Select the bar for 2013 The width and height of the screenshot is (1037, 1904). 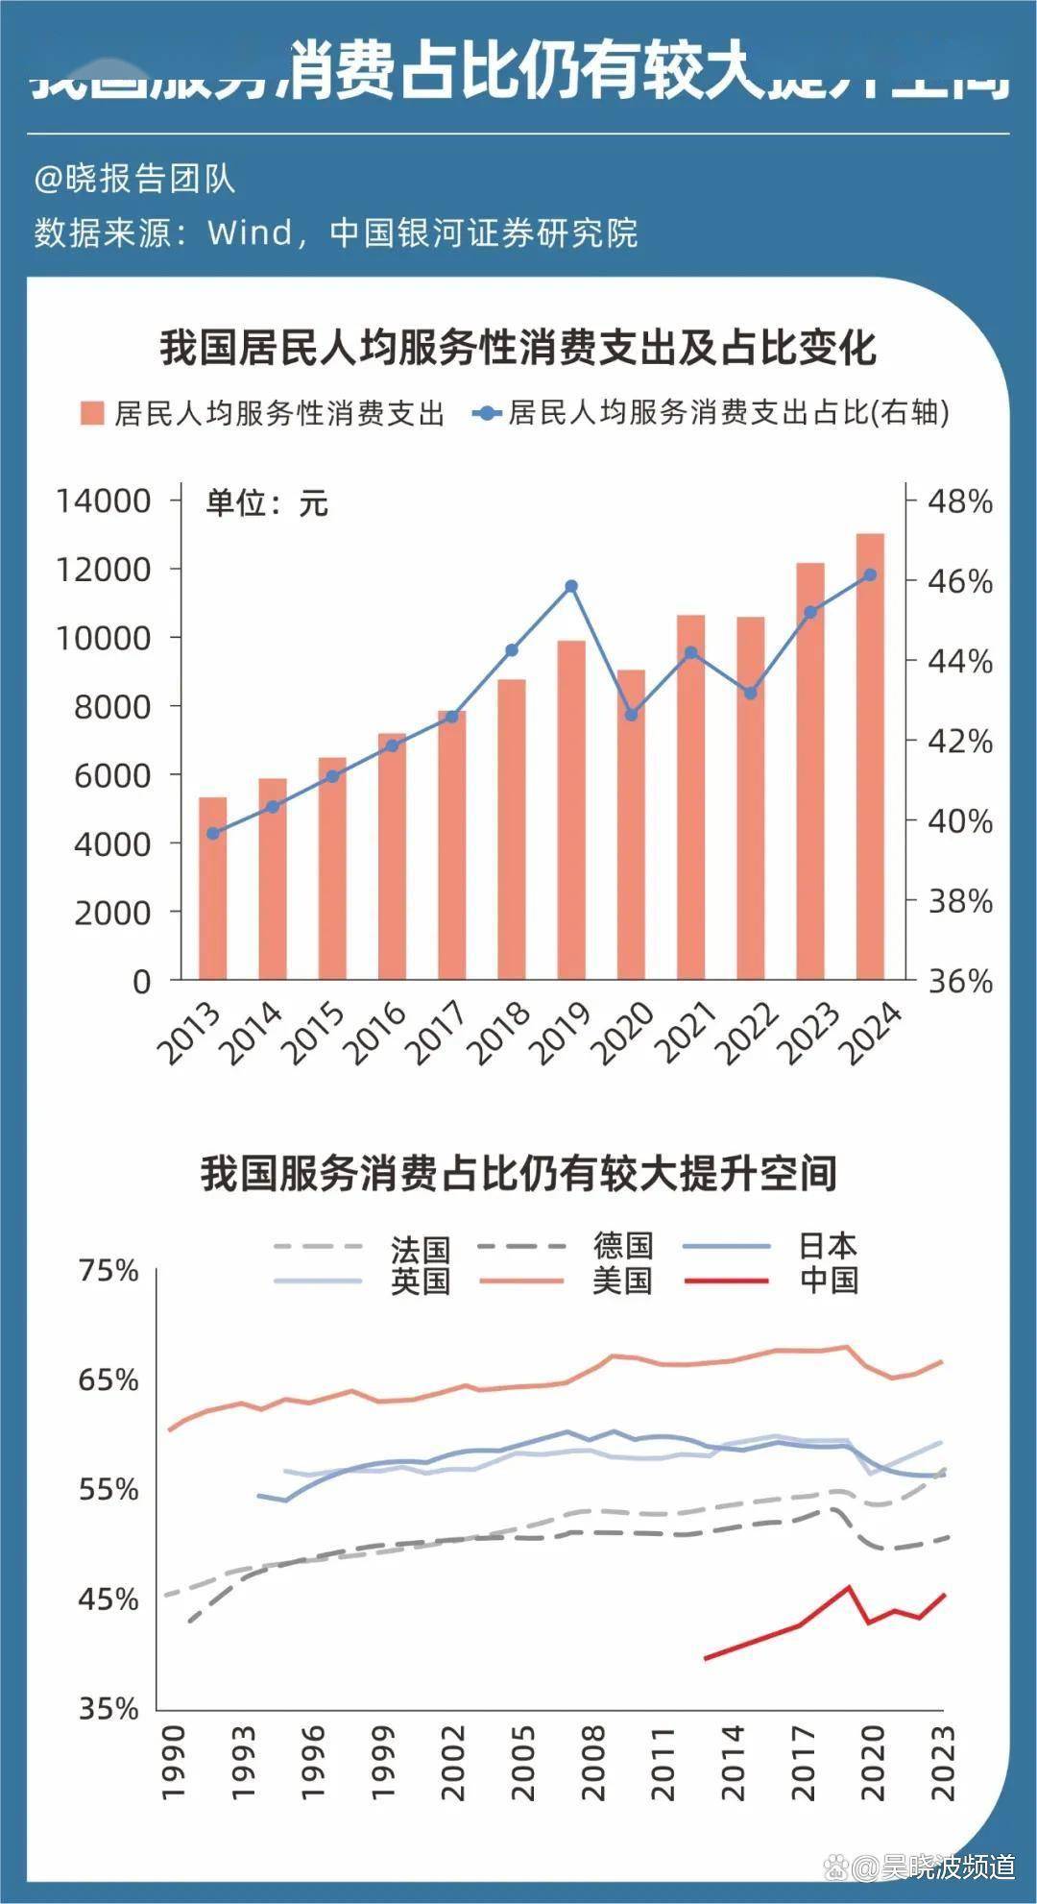212,889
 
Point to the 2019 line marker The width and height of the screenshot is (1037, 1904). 571,586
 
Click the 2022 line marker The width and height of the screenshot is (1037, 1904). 751,693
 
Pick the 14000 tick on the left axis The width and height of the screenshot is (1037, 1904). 104,500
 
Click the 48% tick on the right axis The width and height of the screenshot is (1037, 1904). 959,500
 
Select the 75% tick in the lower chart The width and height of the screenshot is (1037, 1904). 109,1271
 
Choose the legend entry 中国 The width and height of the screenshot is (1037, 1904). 829,1281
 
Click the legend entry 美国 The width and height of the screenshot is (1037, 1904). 622,1281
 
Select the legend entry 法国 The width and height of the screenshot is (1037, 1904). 420,1248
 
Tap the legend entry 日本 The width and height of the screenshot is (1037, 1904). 828,1246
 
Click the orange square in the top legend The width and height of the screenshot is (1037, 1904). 92,414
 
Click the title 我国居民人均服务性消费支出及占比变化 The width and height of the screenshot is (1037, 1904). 518,347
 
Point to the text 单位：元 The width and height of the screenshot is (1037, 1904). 266,502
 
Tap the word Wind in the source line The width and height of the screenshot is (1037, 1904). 250,232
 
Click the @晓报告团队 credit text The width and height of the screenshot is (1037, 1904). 134,180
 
